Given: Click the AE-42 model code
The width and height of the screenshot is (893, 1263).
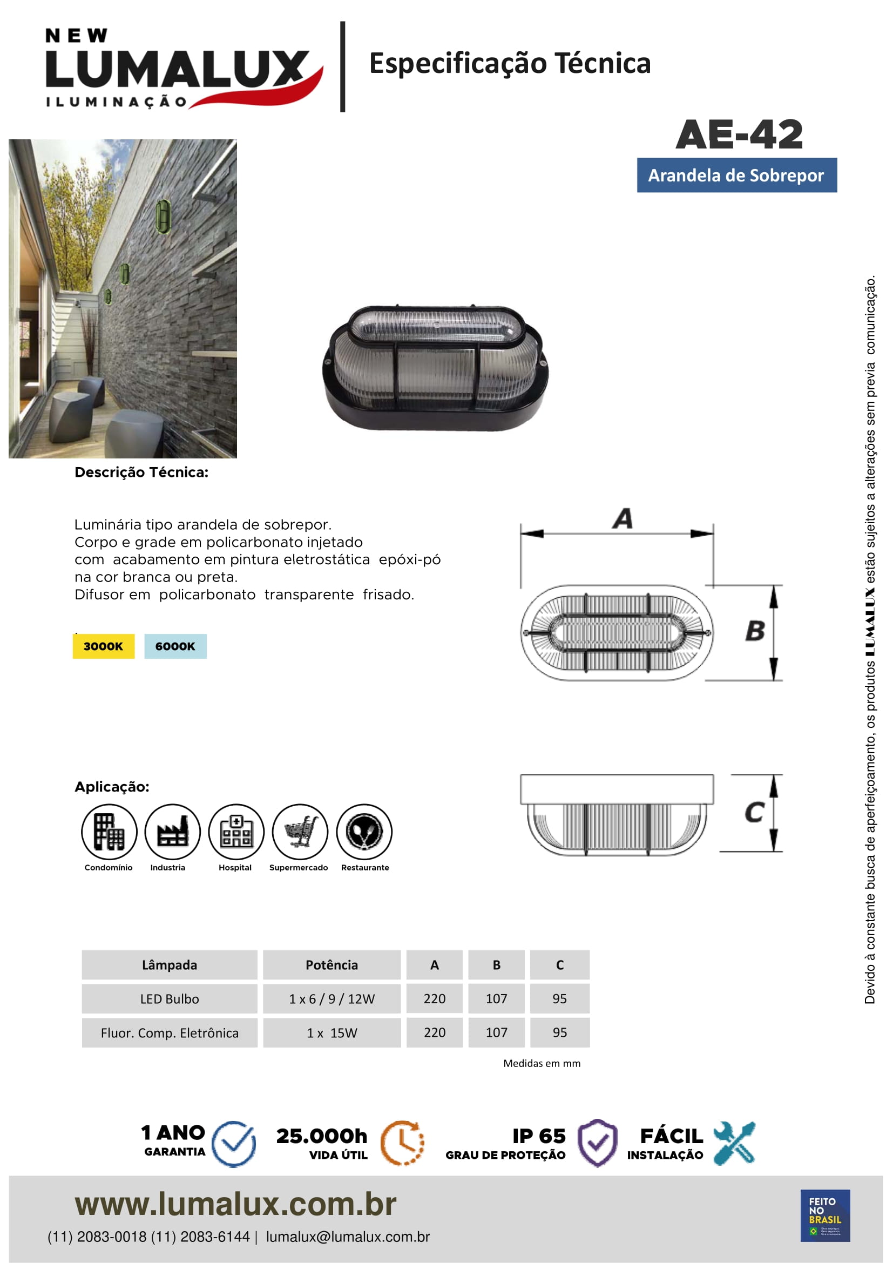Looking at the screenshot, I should (739, 135).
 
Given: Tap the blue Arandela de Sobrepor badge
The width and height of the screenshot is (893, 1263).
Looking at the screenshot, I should (736, 175).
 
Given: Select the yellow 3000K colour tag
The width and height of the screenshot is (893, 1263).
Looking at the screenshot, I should (103, 646).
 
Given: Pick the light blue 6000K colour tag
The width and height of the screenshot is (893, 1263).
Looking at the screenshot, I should (175, 646).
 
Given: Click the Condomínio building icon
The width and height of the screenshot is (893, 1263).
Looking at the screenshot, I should (109, 831).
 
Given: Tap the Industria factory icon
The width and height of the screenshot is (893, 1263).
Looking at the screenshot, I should (172, 831).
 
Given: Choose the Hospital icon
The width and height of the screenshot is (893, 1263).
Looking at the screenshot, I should (236, 831).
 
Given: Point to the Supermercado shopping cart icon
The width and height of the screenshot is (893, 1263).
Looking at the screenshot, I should (300, 831).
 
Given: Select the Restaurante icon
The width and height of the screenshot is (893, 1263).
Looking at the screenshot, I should (364, 831).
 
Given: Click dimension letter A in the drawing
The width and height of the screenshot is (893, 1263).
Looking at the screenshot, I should (623, 519).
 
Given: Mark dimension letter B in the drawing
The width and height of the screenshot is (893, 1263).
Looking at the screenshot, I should (755, 631).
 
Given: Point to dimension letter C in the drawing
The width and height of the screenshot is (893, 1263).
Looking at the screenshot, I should (754, 812).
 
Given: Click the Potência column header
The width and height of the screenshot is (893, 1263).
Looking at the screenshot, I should (332, 965).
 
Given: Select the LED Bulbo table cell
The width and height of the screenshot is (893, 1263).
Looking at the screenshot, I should (170, 999).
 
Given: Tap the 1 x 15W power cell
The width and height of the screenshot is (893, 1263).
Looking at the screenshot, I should (332, 1033).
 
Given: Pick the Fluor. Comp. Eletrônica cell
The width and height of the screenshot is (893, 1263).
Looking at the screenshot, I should (170, 1033).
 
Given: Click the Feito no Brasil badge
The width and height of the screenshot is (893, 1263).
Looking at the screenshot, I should (825, 1215).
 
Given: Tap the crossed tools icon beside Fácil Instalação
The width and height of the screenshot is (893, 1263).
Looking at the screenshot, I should (734, 1143).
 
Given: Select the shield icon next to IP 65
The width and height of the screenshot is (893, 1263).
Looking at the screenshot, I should (598, 1143).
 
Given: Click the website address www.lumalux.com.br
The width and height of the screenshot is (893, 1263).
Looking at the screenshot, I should (235, 1204).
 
